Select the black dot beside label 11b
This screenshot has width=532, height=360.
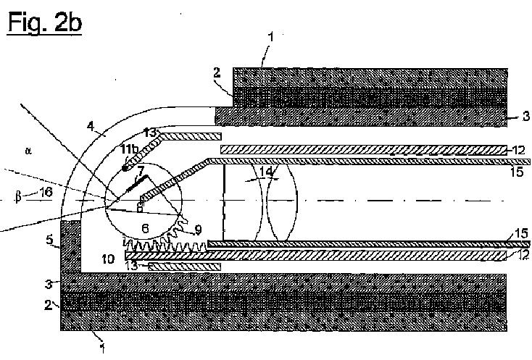[126, 169]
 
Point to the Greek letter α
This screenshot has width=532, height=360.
[28, 151]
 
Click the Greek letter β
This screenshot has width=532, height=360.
[17, 196]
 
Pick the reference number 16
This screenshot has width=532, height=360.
[46, 192]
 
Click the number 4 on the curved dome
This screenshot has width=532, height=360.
[91, 127]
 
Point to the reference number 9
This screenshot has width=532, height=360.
[198, 231]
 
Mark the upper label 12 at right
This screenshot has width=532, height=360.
[516, 149]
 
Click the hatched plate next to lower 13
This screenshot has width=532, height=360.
[188, 267]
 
